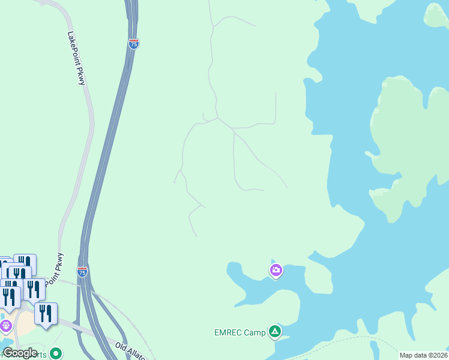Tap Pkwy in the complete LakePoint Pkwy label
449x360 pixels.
[x=82, y=77]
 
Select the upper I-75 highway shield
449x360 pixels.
[x=133, y=44]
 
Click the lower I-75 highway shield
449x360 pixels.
[x=82, y=272]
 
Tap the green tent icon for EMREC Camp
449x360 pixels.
[x=275, y=331]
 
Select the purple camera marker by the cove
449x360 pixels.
[x=276, y=271]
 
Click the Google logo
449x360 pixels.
[x=20, y=353]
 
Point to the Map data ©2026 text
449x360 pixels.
[x=424, y=355]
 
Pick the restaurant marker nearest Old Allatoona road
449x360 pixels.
[x=46, y=313]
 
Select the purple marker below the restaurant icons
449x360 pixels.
[x=6, y=326]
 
